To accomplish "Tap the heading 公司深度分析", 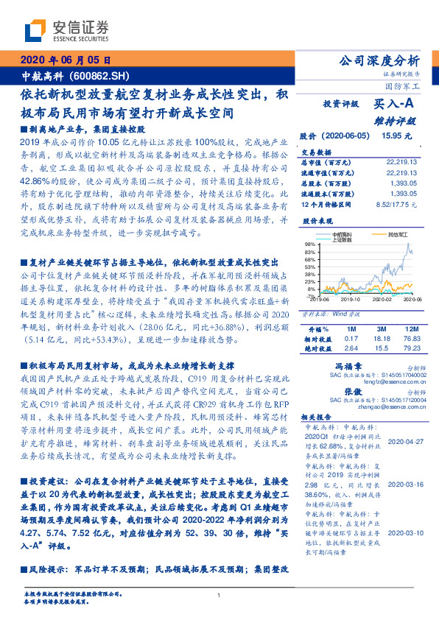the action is [377, 61].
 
